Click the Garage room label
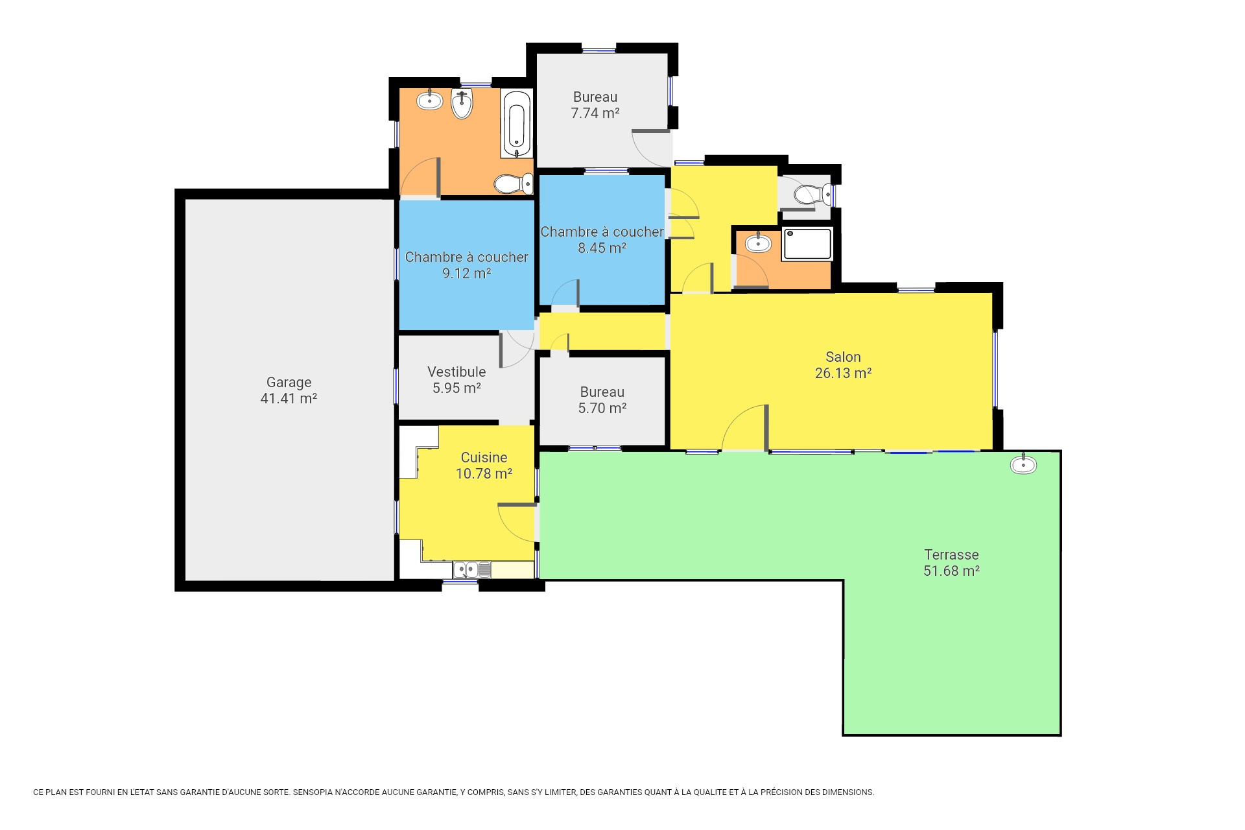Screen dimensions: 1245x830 pyautogui.click(x=289, y=383)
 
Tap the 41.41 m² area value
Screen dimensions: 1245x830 pyautogui.click(x=289, y=399)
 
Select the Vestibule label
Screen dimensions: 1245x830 pyautogui.click(x=456, y=372)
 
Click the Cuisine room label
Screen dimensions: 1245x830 pyautogui.click(x=484, y=458)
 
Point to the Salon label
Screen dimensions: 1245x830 pyautogui.click(x=843, y=357)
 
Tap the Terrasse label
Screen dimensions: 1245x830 pyautogui.click(x=951, y=555)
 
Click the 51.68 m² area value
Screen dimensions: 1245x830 pyautogui.click(x=951, y=571)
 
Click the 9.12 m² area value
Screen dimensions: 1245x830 pyautogui.click(x=466, y=274)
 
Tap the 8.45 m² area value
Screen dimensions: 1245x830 pyautogui.click(x=602, y=248)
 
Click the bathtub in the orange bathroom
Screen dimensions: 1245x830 pyautogui.click(x=517, y=124)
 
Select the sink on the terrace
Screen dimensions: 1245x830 pyautogui.click(x=1023, y=464)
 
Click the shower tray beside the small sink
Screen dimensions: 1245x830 pyautogui.click(x=807, y=244)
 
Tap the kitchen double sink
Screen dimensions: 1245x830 pyautogui.click(x=471, y=569)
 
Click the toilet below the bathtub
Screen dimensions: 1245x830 pyautogui.click(x=514, y=184)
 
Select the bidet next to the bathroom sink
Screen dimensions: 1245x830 pyautogui.click(x=462, y=104)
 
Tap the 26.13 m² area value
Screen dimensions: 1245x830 pyautogui.click(x=843, y=373)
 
